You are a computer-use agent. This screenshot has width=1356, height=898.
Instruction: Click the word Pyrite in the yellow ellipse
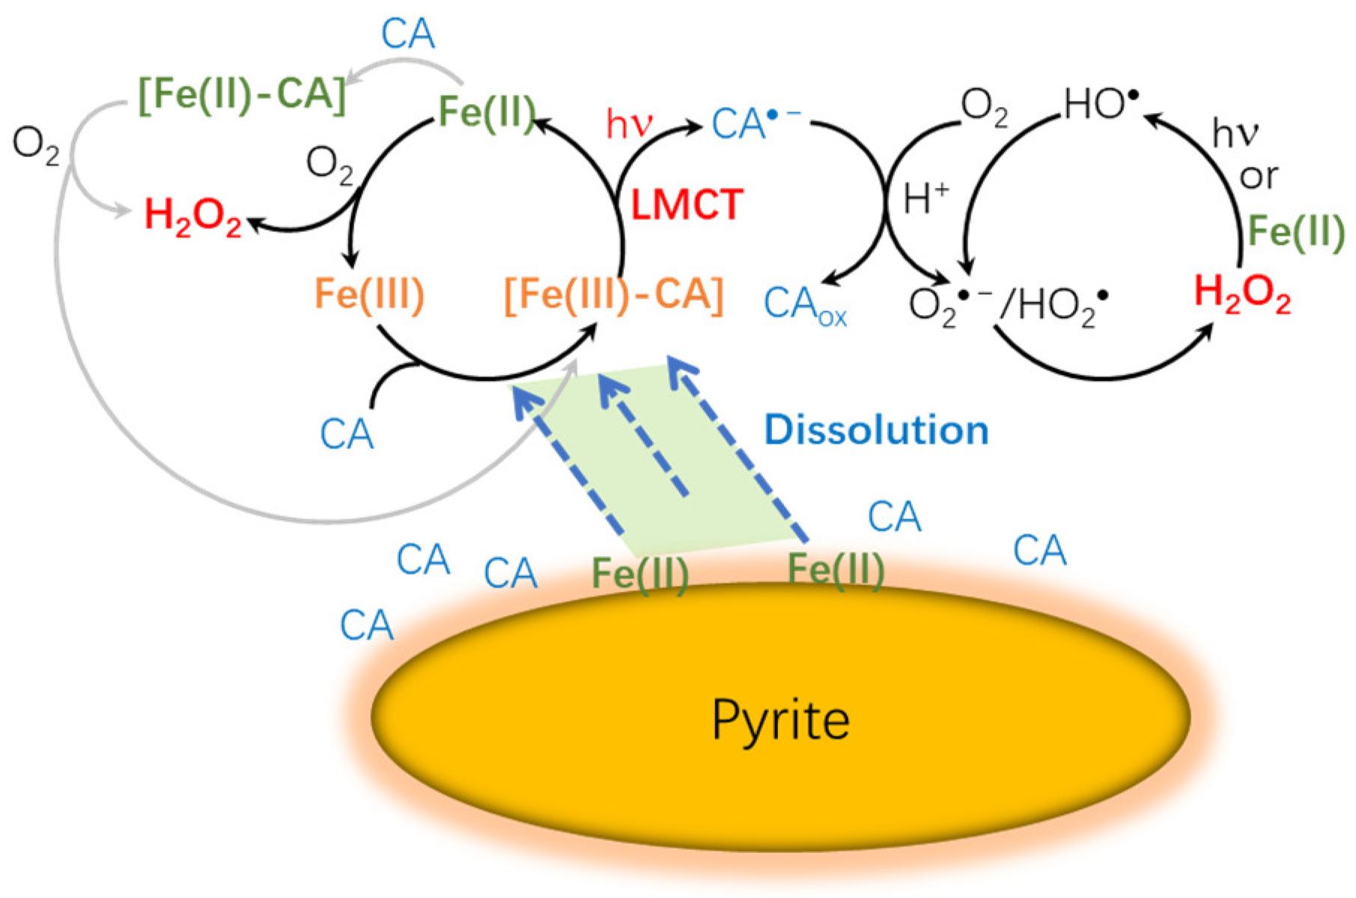pos(780,721)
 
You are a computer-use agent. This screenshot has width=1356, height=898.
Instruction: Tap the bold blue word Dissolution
pos(876,430)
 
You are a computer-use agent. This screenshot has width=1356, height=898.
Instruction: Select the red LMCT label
pos(687,204)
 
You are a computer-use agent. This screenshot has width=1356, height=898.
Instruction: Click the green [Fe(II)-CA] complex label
pos(243,96)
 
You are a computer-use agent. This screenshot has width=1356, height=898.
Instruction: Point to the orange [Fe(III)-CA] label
pos(614,295)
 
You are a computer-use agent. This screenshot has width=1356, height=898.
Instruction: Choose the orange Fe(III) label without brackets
pos(369,293)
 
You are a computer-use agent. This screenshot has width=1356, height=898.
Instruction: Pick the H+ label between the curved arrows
pos(925,199)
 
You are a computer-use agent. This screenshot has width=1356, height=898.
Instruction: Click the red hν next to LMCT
pos(629,124)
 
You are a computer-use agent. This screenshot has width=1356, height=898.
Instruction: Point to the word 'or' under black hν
pos(1259,177)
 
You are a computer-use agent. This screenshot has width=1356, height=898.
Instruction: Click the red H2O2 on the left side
pos(193,216)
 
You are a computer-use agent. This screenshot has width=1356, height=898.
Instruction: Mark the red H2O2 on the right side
pos(1242,293)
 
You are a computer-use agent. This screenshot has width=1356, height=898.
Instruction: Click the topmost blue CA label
pos(407,34)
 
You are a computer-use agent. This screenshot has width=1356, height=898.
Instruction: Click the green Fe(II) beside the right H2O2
pos(1296,231)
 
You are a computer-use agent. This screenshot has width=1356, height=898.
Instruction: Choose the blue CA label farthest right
pos(1039,551)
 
